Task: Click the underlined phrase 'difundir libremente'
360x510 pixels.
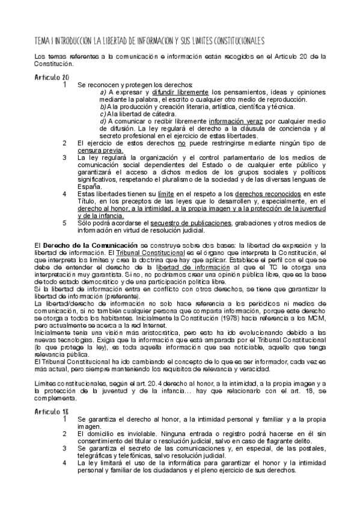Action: (178, 93)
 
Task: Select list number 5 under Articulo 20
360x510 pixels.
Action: (64, 223)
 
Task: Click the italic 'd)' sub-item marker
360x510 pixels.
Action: (103, 121)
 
